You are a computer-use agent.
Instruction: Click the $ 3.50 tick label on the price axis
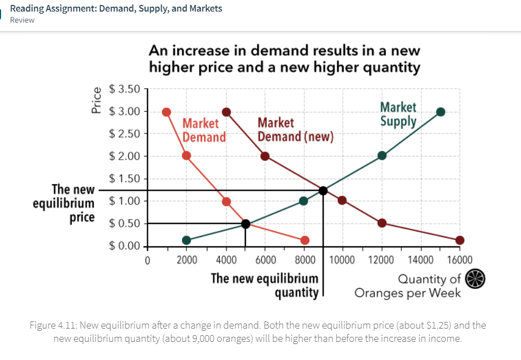click(x=125, y=88)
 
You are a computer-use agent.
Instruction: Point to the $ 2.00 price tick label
click(x=125, y=155)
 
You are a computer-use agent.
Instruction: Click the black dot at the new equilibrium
click(x=323, y=191)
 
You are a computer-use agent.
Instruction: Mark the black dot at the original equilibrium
click(x=245, y=223)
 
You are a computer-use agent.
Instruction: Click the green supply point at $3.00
click(x=441, y=112)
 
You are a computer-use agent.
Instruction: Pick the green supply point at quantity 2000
click(x=186, y=240)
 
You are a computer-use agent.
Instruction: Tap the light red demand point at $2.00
click(x=186, y=155)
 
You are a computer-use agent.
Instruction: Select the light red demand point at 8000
click(x=305, y=240)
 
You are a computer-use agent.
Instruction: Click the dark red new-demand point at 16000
click(x=460, y=240)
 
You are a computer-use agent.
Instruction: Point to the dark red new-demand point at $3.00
click(x=225, y=112)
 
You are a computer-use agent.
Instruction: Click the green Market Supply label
click(x=398, y=114)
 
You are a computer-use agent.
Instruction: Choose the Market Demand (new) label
click(x=296, y=130)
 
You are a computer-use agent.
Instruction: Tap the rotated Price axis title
click(x=97, y=101)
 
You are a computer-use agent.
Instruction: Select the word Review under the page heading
click(x=22, y=20)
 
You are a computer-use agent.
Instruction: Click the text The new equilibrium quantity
click(x=265, y=285)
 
